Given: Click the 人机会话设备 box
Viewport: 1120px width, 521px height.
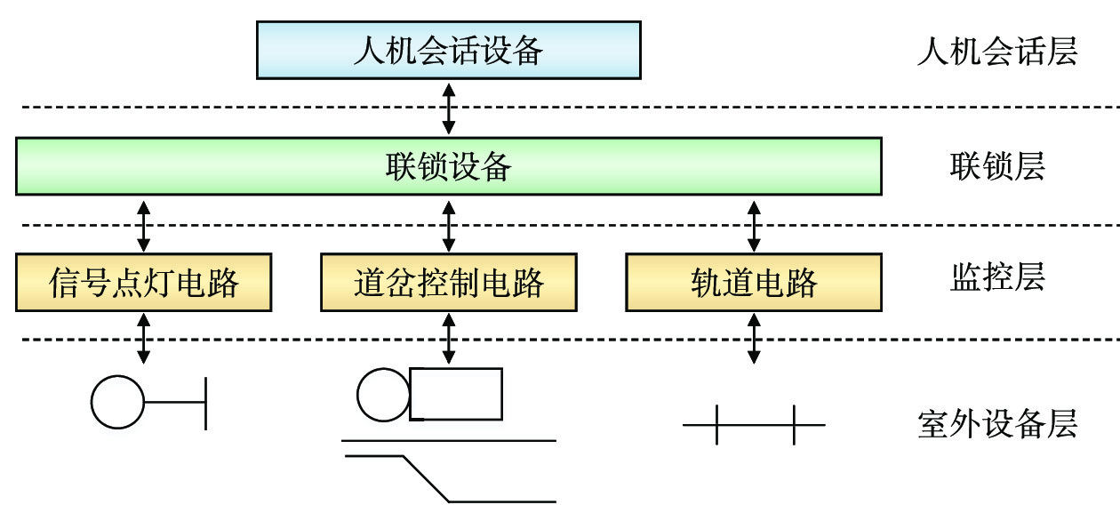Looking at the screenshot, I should click(448, 50).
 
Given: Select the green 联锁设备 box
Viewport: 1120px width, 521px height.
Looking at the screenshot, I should click(448, 165).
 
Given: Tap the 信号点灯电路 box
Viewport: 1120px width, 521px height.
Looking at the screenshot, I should click(143, 283).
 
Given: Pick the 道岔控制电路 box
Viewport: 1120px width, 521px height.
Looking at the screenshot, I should click(448, 283).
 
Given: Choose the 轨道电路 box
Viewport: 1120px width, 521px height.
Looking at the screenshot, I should click(754, 283).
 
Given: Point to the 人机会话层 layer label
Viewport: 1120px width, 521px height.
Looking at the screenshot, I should click(996, 52).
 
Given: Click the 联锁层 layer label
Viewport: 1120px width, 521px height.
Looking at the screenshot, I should click(996, 166).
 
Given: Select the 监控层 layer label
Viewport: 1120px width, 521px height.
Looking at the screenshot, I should click(996, 278).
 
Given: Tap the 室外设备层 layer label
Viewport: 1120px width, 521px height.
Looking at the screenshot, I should click(996, 424).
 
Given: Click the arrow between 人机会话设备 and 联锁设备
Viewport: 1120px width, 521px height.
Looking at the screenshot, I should click(449, 108).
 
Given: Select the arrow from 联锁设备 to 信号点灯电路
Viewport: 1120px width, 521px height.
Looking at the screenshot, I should click(143, 225).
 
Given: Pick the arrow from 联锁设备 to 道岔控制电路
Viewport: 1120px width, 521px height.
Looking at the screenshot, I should click(449, 225).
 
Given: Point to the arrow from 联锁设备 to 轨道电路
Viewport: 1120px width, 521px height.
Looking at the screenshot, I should click(755, 225).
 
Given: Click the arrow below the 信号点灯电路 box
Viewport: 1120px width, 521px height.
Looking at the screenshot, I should click(143, 338).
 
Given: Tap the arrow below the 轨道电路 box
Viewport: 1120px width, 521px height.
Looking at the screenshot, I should click(755, 338).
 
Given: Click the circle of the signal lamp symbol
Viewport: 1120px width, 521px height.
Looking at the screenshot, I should click(117, 402).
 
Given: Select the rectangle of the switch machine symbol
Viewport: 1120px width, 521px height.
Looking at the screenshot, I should click(456, 394).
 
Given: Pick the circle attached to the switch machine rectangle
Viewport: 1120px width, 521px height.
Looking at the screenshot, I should click(383, 394).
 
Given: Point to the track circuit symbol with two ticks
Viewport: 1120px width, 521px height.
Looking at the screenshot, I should click(754, 425).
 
